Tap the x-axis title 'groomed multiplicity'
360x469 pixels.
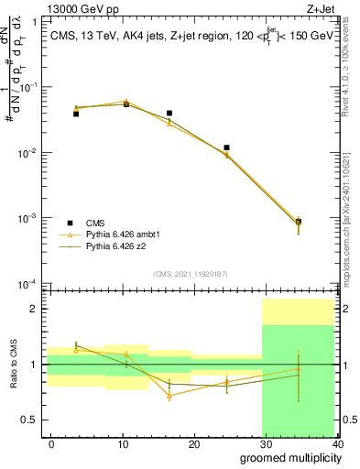(x=287, y=457)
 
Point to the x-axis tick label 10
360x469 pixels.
(x=123, y=442)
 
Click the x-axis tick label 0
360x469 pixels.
(x=51, y=442)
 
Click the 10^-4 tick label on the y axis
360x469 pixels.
(x=27, y=284)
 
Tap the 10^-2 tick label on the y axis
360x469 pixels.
(x=27, y=153)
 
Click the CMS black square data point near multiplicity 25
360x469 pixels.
(x=226, y=147)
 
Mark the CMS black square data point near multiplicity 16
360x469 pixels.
(x=169, y=114)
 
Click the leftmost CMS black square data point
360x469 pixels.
(x=76, y=114)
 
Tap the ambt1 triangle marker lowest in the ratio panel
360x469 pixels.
(x=169, y=396)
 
